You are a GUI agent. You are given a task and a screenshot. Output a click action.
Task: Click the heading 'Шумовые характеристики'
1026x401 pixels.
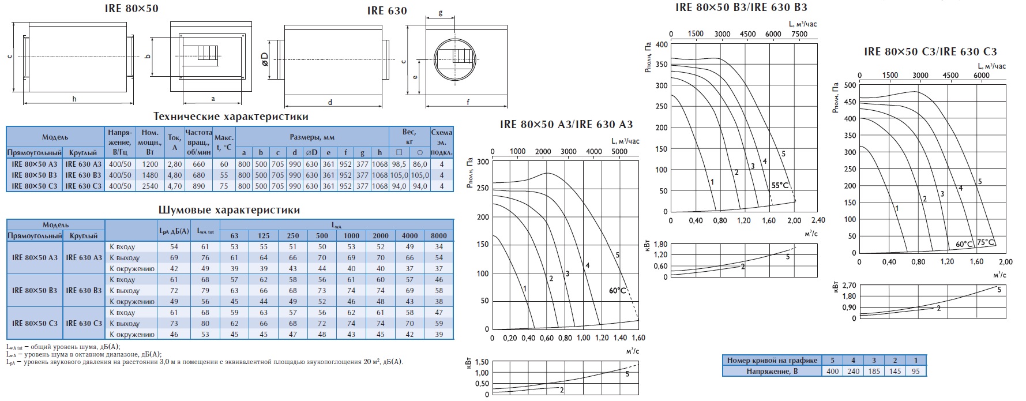pos(229,210)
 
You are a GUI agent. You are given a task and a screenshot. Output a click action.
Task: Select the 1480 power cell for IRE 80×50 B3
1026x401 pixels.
pos(150,175)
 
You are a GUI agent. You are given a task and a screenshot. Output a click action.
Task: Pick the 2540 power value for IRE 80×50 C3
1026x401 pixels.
pos(150,186)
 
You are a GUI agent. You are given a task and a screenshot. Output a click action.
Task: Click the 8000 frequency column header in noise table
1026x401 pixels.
pos(439,235)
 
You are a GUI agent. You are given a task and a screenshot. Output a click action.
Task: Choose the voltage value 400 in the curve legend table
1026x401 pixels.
pos(832,371)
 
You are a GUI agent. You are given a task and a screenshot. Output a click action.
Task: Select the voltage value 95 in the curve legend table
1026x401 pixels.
pos(915,371)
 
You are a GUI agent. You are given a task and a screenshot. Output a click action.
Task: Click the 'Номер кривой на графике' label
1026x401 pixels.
pos(772,360)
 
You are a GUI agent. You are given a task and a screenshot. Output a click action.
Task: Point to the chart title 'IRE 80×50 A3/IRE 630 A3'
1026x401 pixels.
pos(566,124)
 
